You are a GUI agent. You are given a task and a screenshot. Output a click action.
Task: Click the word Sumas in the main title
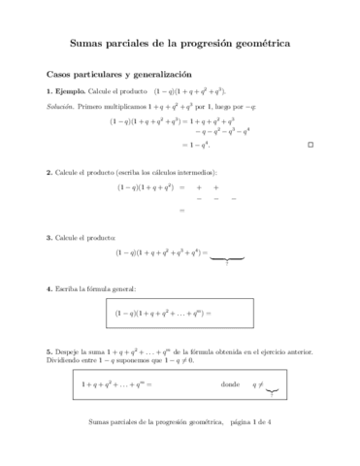[x=91, y=44]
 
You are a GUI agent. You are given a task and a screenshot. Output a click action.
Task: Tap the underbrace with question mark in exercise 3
[x=226, y=259]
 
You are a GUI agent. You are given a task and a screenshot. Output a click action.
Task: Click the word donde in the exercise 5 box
[x=230, y=384]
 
